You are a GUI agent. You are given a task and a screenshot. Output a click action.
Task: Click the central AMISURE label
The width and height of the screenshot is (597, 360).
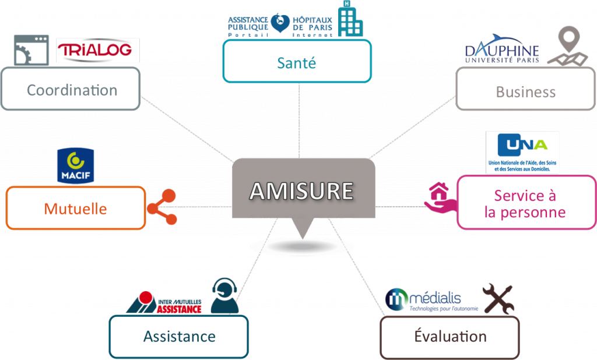(x=302, y=190)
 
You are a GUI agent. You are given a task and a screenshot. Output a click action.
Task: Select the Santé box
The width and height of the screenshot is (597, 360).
(x=297, y=62)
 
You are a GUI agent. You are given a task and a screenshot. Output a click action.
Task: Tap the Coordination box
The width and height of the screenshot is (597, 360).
(x=71, y=90)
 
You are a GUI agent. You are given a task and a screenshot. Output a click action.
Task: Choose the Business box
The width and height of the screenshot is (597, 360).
(x=525, y=91)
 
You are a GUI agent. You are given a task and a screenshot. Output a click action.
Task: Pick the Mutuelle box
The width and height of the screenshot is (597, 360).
(x=75, y=208)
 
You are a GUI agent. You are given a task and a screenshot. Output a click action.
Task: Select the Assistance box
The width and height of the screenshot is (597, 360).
(x=179, y=336)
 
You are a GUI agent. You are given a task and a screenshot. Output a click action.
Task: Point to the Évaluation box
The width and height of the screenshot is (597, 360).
(x=449, y=336)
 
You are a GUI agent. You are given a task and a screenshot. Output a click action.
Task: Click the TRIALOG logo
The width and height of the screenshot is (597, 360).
(x=98, y=51)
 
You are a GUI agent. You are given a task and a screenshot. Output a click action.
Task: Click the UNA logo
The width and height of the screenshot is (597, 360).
(x=522, y=152)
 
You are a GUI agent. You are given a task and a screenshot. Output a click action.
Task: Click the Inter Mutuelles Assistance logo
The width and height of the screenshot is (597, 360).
(x=165, y=302)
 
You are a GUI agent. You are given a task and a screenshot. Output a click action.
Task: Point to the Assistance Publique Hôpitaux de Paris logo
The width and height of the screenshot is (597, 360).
(x=280, y=24)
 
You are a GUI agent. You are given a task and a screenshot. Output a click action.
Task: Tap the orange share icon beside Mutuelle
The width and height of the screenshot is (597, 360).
(x=161, y=207)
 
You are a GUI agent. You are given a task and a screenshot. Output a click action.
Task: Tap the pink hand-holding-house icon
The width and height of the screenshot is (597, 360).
(x=440, y=199)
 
